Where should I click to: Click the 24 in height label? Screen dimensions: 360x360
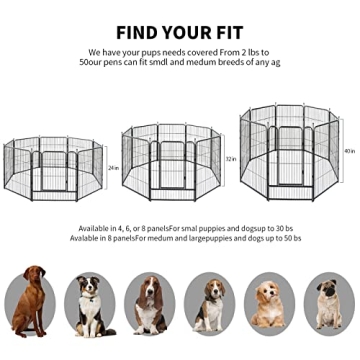[112, 166]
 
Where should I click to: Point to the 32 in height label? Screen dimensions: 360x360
[230, 159]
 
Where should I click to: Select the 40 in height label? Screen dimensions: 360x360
[348, 151]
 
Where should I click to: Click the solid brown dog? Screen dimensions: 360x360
[31, 300]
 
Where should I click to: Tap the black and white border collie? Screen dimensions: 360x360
[90, 304]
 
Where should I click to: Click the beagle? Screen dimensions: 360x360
[209, 304]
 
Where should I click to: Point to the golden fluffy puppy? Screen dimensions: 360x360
[268, 304]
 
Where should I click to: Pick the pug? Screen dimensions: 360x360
[327, 304]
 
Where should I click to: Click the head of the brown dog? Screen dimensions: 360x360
[37, 275]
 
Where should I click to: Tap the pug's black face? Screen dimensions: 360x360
[328, 293]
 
